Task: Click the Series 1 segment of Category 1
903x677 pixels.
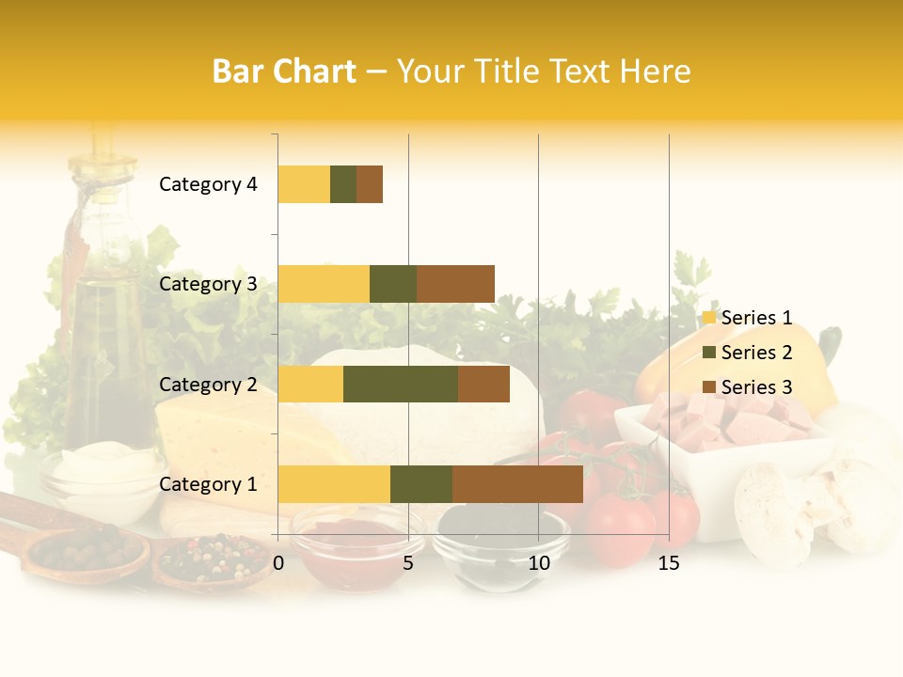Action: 334,484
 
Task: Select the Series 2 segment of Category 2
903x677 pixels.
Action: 401,384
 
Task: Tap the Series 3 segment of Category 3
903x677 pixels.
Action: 455,284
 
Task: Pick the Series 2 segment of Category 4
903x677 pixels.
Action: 343,184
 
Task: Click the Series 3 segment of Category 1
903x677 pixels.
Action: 517,484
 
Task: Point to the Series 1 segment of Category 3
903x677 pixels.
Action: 324,284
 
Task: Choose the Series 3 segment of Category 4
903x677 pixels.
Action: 370,184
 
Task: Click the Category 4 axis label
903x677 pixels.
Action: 208,184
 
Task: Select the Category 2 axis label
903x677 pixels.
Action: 208,384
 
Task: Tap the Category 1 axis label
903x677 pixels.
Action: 208,484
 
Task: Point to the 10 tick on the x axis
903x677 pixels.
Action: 538,563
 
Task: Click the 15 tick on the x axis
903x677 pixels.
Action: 669,563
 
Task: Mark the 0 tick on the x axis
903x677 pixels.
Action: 278,563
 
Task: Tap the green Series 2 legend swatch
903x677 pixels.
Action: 709,353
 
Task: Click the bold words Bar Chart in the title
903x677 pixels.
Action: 284,71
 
